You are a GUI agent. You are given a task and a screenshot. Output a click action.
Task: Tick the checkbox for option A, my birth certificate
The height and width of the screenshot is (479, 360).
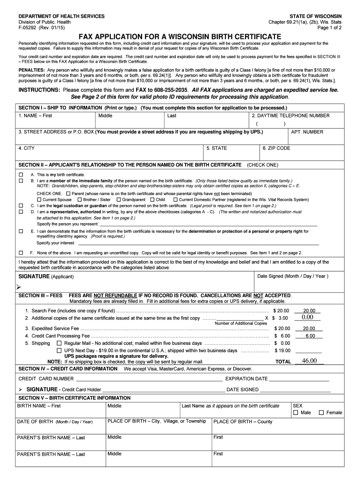(21, 174)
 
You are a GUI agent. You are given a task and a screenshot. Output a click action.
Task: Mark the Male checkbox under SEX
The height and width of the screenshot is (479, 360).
(295, 413)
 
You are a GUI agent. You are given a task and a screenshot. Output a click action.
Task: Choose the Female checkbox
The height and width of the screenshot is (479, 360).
(321, 413)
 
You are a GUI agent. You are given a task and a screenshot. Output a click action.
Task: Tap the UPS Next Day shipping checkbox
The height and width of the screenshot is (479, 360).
(59, 350)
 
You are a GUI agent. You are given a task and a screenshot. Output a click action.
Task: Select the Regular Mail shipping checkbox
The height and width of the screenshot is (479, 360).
(59, 343)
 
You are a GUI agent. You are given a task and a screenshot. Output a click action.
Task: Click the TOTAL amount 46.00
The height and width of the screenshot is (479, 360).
(309, 361)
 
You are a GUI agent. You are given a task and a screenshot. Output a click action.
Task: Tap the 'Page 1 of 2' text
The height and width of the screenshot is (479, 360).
(329, 28)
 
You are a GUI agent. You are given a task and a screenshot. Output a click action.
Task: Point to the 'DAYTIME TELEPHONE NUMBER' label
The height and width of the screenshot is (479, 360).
(290, 116)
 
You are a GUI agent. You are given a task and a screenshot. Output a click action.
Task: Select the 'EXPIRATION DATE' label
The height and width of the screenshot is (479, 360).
(246, 379)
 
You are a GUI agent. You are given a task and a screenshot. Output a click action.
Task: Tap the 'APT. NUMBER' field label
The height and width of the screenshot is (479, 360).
(307, 132)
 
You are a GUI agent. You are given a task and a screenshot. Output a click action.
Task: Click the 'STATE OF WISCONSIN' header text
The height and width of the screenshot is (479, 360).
(316, 16)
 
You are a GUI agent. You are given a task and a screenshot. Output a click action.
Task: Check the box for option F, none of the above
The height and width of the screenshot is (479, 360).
(21, 253)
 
